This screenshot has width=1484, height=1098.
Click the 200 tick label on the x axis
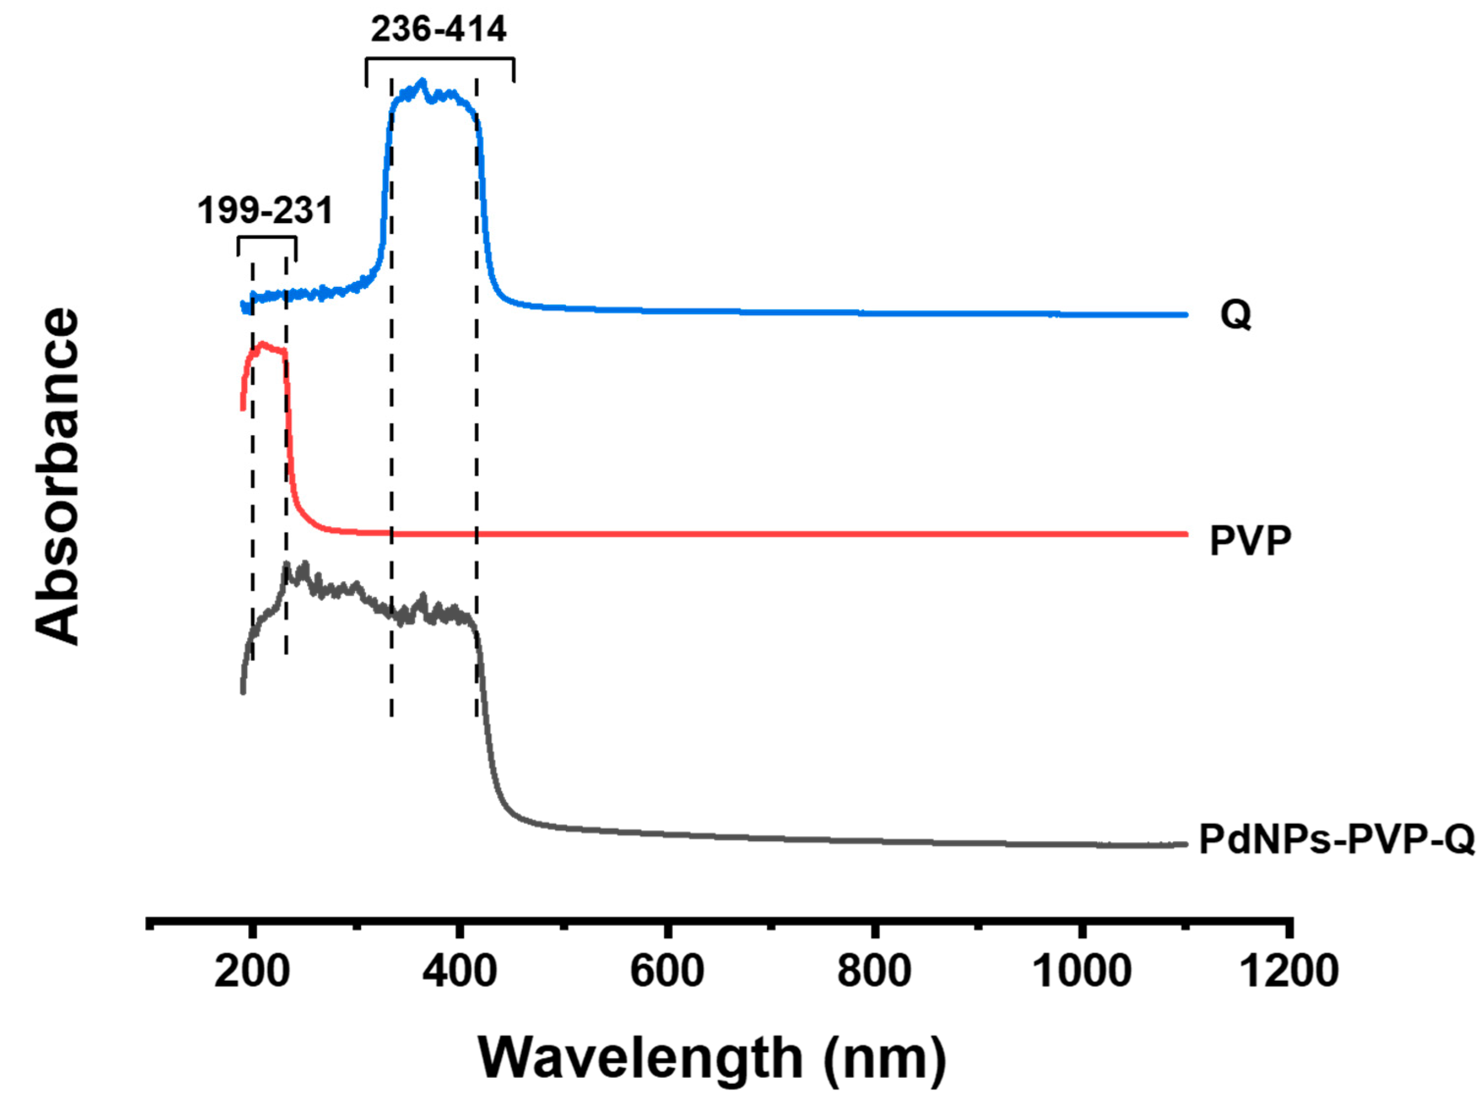[252, 971]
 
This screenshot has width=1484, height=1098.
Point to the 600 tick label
[667, 971]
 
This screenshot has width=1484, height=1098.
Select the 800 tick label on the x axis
[874, 971]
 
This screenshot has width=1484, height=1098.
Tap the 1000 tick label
[1082, 971]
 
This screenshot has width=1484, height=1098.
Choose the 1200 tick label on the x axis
[1289, 971]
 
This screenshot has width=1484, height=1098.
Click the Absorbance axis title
[58, 476]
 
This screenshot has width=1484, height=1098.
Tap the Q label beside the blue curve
[1235, 314]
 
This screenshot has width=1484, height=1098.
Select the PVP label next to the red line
[1250, 540]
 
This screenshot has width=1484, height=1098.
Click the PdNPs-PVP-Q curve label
[1336, 840]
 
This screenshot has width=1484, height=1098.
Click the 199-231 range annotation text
[265, 211]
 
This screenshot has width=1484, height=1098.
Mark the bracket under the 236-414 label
[440, 60]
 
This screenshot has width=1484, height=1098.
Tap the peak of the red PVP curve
[262, 344]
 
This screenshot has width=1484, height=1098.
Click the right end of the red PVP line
[1185, 534]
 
